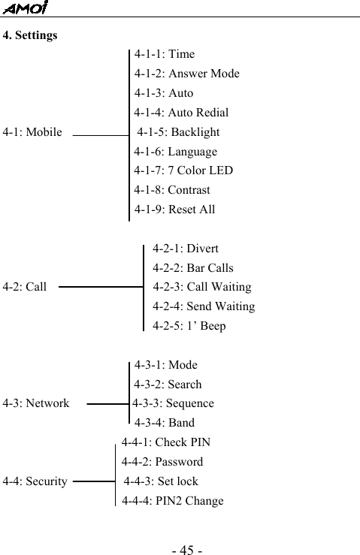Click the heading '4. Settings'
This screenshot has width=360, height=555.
[30, 35]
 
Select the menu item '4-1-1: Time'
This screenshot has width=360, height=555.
[164, 54]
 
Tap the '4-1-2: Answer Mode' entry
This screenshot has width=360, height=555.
[186, 74]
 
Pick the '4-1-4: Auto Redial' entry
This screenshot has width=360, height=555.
[181, 113]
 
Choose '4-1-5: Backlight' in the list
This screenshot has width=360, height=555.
[178, 132]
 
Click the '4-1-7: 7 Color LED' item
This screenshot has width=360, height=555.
[183, 170]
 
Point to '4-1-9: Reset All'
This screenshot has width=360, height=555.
[174, 210]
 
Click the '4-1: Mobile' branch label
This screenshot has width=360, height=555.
[32, 132]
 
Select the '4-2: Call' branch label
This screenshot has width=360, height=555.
[25, 287]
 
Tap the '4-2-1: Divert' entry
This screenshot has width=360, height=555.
[186, 249]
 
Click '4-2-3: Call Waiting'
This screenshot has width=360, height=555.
[201, 287]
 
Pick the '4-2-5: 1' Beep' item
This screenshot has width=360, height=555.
[189, 326]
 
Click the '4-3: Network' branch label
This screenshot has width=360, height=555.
[36, 403]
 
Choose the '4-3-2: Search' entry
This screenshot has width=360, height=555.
[168, 385]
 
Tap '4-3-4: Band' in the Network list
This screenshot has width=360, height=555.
[164, 423]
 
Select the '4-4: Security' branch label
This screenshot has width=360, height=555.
[35, 481]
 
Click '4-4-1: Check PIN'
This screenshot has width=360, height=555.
[165, 442]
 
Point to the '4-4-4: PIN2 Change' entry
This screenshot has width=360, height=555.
[172, 501]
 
